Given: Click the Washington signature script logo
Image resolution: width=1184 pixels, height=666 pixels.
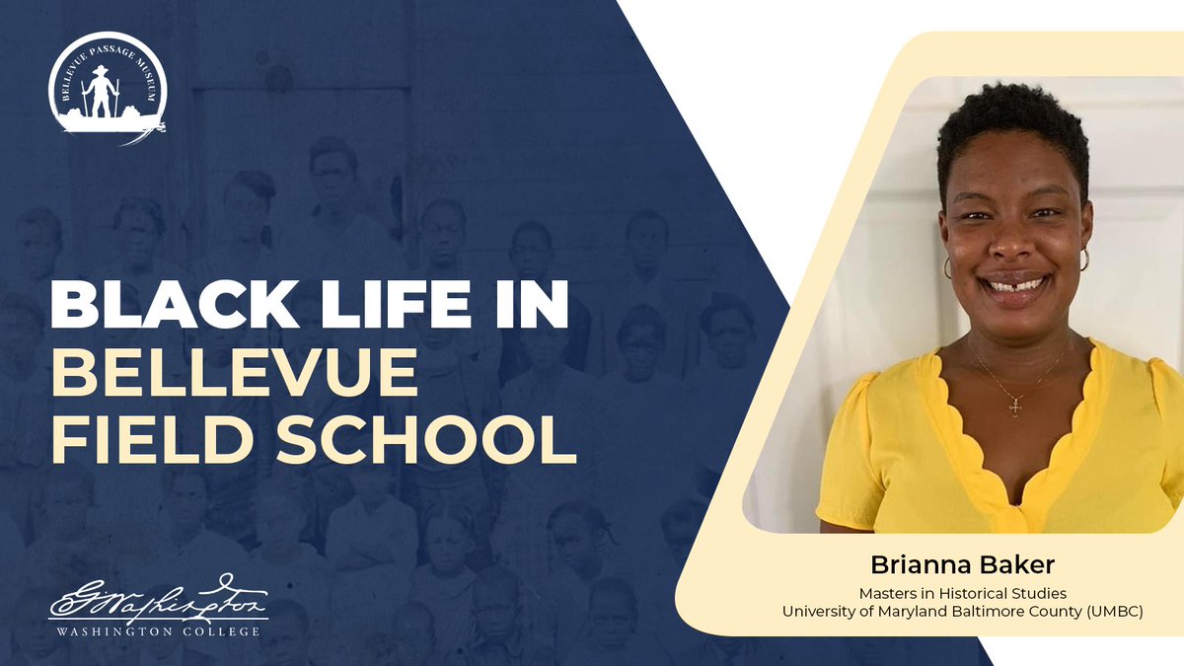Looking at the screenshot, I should click(x=158, y=599).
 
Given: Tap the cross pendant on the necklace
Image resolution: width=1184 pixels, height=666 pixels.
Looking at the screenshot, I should click(x=1014, y=406).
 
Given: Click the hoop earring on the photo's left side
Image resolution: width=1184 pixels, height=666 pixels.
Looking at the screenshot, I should click(x=948, y=267).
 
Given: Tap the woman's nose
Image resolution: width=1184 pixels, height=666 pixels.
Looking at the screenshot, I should click(x=1015, y=247).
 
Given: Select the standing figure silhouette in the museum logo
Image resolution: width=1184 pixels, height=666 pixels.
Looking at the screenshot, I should click(x=101, y=90).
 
